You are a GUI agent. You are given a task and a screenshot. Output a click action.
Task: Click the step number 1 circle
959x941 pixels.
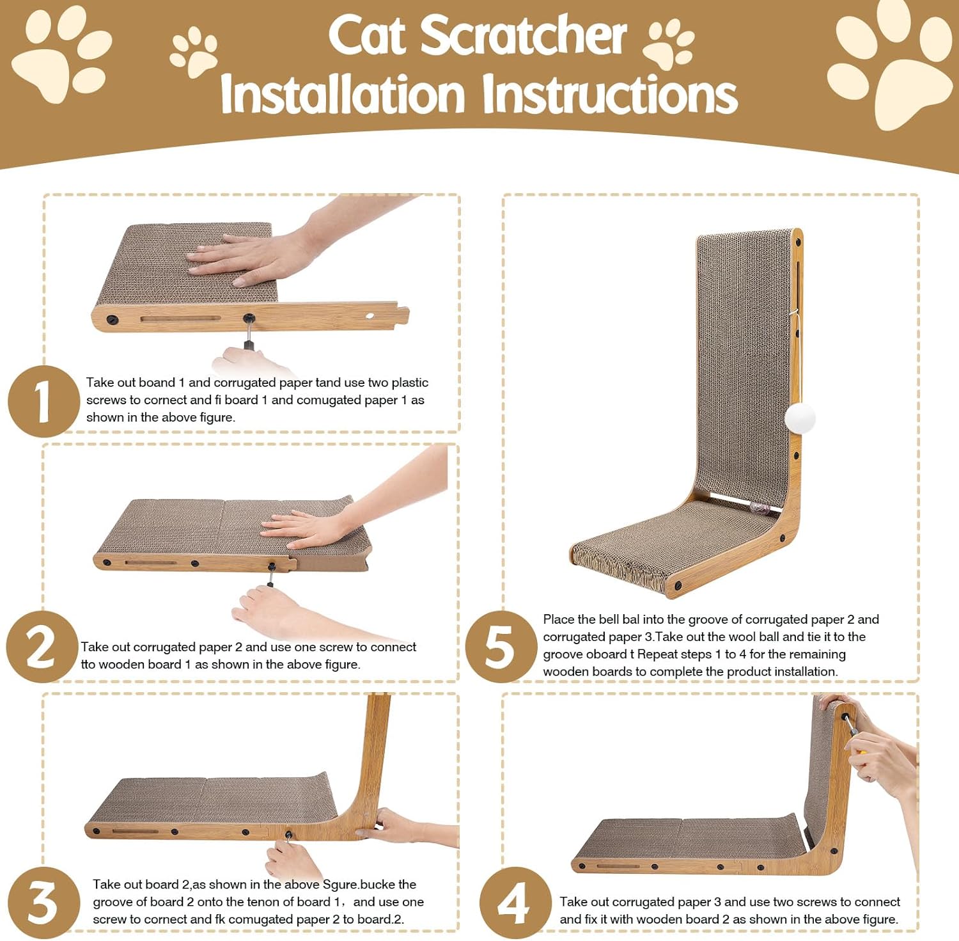(x=43, y=401)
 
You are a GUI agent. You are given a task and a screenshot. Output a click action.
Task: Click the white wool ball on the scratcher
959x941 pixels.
(x=800, y=418)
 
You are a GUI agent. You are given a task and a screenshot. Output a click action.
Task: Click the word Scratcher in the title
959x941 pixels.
(x=523, y=36)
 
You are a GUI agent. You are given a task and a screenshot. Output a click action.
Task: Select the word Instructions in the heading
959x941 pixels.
(x=609, y=95)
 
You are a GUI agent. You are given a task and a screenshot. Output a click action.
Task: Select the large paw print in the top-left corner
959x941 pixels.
(x=62, y=54)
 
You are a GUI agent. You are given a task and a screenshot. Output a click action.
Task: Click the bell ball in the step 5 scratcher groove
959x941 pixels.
(x=761, y=510)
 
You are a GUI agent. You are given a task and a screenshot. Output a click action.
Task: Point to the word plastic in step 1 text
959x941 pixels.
(x=410, y=383)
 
